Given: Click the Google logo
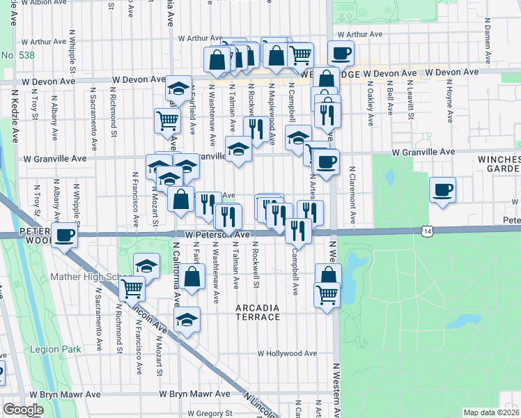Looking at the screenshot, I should point(23,410).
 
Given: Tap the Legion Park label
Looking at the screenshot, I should point(55,349).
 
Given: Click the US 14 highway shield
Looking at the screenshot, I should point(427,231).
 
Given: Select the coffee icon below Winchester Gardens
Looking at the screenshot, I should point(442,189).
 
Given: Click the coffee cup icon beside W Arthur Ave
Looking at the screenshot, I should point(341,53).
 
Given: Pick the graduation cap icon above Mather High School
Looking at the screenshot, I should point(146,265).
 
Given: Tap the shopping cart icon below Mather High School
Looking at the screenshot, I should point(132,287).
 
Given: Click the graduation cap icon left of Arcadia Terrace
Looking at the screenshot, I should point(186,320).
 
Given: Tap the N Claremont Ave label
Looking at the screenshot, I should point(354,196).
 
